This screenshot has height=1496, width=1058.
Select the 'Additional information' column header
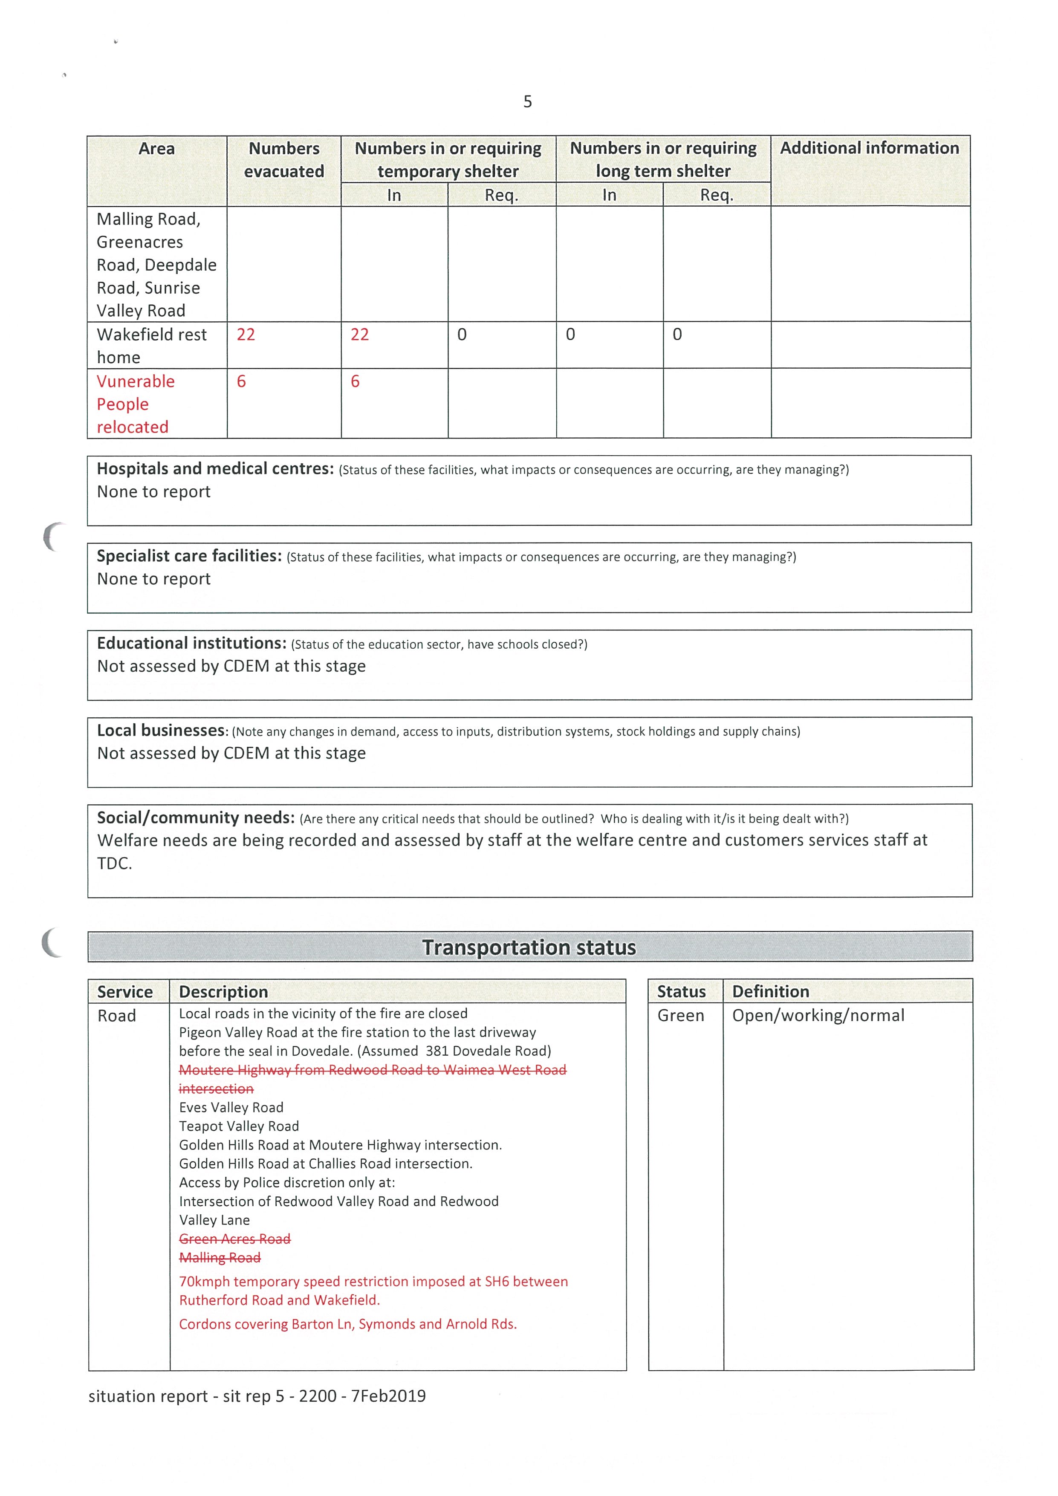(x=869, y=149)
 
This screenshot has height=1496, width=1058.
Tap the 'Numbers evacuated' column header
(x=284, y=160)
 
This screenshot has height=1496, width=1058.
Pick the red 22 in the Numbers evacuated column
(x=246, y=335)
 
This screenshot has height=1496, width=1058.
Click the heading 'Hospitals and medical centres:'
(x=215, y=469)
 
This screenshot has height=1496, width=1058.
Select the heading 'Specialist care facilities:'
(x=189, y=557)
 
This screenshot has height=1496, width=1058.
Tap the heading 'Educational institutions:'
(x=191, y=644)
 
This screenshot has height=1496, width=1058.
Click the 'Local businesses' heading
(x=162, y=731)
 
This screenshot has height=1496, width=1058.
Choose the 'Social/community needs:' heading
(x=195, y=818)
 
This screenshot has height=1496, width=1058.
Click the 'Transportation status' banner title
(x=529, y=947)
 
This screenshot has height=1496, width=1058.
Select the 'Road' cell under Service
(x=117, y=1016)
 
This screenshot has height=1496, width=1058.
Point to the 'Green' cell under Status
(x=680, y=1016)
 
